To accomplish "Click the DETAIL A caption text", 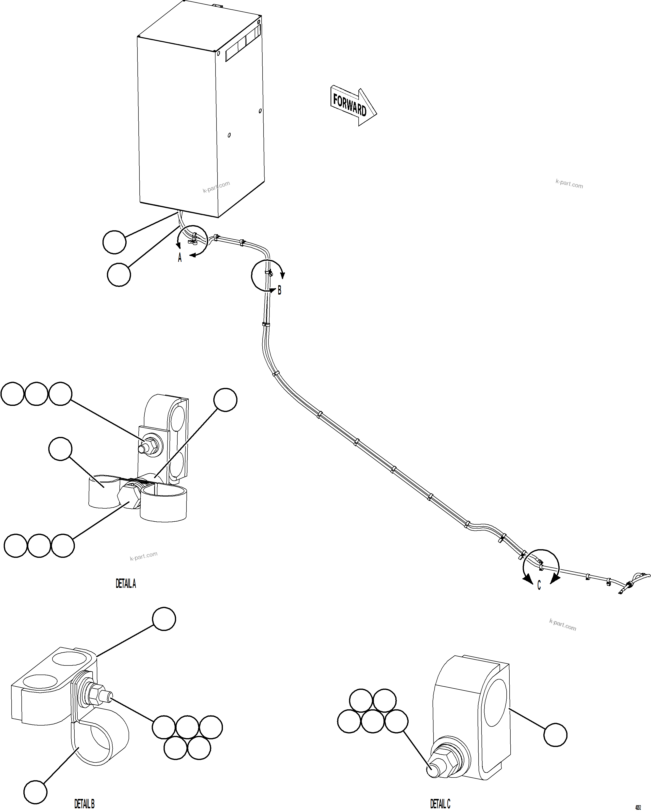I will tap(126, 583).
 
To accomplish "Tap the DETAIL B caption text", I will tap(84, 804).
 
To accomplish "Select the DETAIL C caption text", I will tap(440, 804).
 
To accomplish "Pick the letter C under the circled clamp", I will tap(539, 585).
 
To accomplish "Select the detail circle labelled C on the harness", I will tap(541, 567).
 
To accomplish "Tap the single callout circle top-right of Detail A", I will tap(225, 400).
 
